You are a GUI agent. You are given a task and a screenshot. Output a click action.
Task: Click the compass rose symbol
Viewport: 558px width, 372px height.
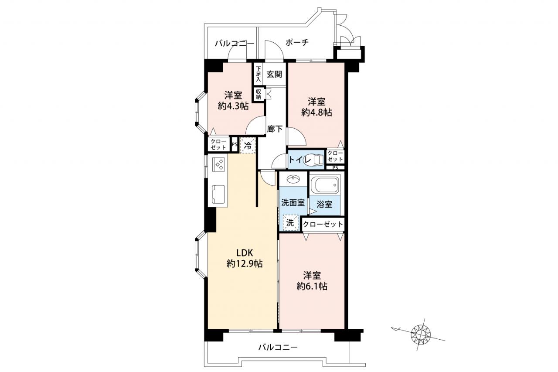(x=421, y=334)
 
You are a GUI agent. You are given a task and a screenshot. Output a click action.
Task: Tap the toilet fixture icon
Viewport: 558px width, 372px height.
(x=313, y=160)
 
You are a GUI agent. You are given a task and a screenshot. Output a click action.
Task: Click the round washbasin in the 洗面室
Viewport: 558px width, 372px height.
(x=293, y=179)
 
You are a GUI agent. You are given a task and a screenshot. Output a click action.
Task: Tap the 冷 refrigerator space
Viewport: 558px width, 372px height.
(x=248, y=146)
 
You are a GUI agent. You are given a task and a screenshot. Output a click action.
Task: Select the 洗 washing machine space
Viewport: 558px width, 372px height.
(x=291, y=222)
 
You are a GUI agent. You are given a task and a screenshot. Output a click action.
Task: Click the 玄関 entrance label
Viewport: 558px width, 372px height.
(x=274, y=74)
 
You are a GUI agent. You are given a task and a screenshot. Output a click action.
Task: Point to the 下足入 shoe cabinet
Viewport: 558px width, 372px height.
(x=259, y=74)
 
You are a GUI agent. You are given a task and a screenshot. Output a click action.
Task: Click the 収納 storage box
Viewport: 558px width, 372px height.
(x=259, y=94)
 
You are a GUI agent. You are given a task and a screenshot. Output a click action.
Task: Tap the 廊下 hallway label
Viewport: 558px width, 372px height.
(x=275, y=129)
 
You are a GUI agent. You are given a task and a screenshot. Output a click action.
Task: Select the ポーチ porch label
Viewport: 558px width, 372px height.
(x=297, y=42)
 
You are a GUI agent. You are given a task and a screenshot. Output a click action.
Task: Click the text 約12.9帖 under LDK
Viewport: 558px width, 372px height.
(x=245, y=263)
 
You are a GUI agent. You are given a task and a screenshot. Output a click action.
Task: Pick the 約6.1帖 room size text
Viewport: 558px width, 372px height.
(x=312, y=287)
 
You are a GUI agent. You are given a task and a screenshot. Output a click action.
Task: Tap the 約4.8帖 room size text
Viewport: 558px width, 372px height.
(x=316, y=113)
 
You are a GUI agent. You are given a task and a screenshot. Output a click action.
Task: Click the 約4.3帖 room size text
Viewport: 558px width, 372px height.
(x=233, y=106)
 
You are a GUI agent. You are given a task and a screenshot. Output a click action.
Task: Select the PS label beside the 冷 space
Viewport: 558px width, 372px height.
(x=235, y=144)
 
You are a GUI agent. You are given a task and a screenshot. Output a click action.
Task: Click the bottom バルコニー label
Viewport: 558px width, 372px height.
(x=278, y=347)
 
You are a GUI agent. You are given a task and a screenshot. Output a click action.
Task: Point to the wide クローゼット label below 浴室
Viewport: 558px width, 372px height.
(x=323, y=224)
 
